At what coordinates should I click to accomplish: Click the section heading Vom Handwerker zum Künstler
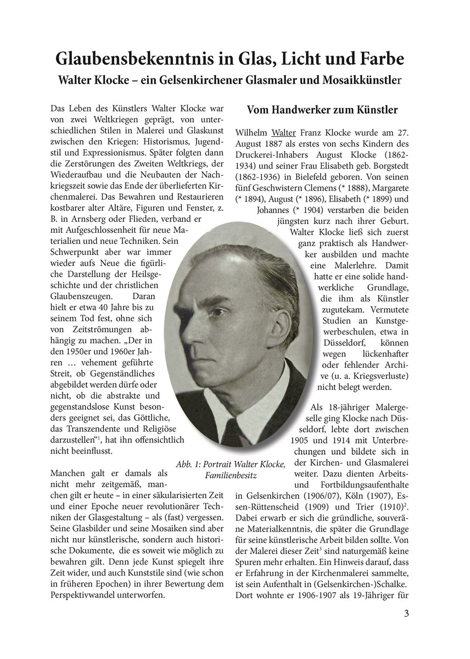coord(322,110)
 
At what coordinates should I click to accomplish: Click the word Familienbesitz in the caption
coord(231,474)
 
